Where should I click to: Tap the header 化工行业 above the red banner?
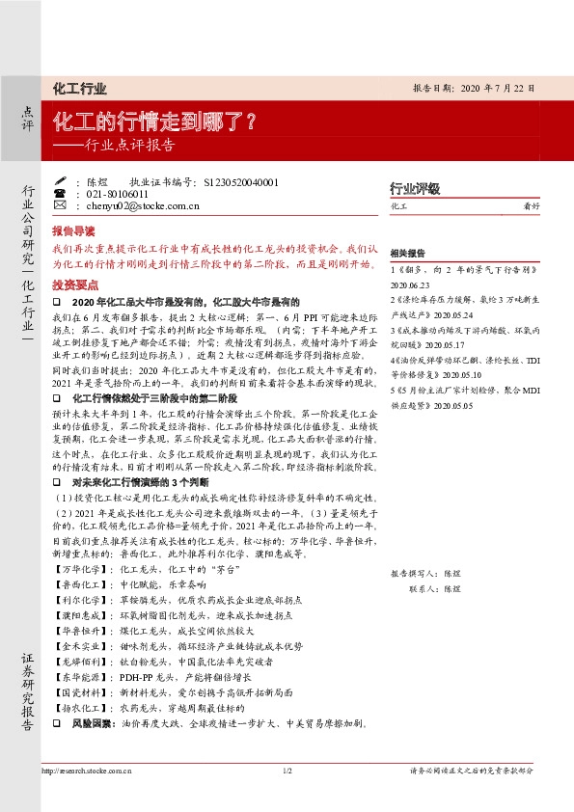click(x=79, y=89)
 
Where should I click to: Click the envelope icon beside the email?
click(x=60, y=206)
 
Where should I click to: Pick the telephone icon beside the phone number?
click(x=60, y=194)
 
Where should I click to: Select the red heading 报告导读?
click(x=73, y=232)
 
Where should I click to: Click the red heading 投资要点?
click(x=73, y=286)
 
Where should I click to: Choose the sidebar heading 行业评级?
click(x=414, y=188)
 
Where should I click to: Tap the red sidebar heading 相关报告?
click(x=406, y=253)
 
